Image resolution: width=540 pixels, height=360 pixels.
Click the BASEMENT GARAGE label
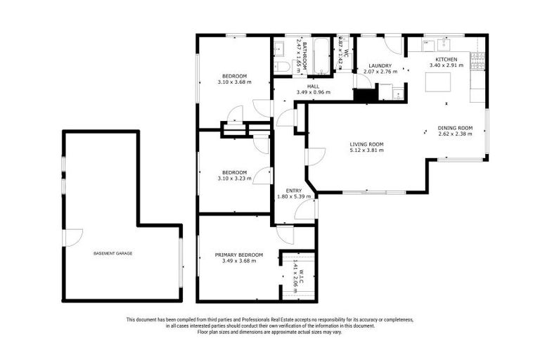click(112, 253)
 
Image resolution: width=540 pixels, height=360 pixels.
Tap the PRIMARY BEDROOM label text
click(239, 255)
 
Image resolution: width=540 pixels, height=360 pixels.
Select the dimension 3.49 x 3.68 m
click(239, 261)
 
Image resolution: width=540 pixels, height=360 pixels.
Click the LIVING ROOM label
click(366, 143)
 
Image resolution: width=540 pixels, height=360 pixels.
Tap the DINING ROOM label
click(455, 127)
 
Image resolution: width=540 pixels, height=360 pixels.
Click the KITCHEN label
click(446, 60)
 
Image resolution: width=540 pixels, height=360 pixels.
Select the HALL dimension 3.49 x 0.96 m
click(313, 92)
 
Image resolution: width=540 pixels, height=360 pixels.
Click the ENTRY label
click(294, 191)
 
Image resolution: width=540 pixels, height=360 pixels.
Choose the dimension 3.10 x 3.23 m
click(234, 178)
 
